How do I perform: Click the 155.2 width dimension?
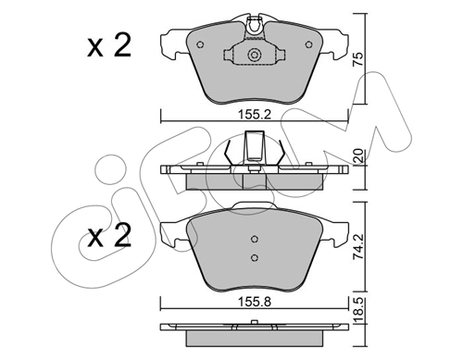pyautogui.click(x=255, y=115)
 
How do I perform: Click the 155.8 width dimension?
pyautogui.click(x=255, y=302)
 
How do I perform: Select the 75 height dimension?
pyautogui.click(x=358, y=59)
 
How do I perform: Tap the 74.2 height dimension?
pyautogui.click(x=358, y=246)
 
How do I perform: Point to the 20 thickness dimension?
pyautogui.click(x=359, y=156)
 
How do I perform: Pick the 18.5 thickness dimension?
pyautogui.click(x=359, y=310)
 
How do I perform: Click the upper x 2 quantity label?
pyautogui.click(x=109, y=45)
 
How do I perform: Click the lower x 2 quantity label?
pyautogui.click(x=109, y=235)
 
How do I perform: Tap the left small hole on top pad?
pyautogui.click(x=200, y=44)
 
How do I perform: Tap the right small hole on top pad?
pyautogui.click(x=308, y=44)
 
